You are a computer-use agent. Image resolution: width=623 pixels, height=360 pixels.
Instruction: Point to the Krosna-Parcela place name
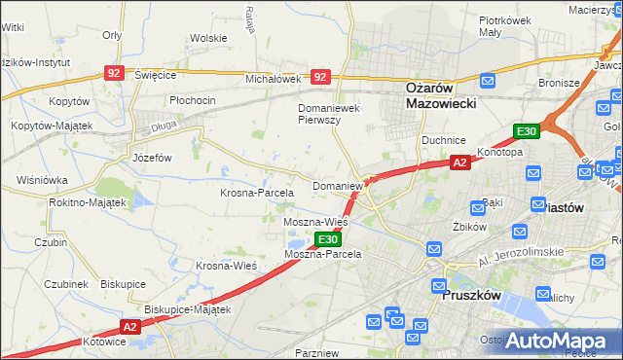[x=256, y=193]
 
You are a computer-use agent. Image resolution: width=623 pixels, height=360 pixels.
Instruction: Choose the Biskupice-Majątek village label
[x=187, y=309]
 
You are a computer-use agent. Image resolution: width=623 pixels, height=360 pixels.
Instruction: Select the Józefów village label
[x=151, y=157]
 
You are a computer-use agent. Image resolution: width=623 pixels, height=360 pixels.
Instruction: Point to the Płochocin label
[x=192, y=100]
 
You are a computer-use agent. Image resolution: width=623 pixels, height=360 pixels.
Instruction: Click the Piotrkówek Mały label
[x=503, y=25]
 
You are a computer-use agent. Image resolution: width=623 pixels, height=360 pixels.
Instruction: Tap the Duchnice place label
[x=444, y=140]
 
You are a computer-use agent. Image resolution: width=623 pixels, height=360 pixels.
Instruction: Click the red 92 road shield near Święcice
[x=115, y=73]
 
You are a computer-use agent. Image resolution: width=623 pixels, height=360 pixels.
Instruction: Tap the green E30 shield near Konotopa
[x=527, y=131]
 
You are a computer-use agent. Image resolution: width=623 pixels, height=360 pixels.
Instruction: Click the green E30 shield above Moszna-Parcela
[x=327, y=239]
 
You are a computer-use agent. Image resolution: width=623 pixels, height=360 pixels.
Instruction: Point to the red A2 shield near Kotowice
[x=131, y=327]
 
